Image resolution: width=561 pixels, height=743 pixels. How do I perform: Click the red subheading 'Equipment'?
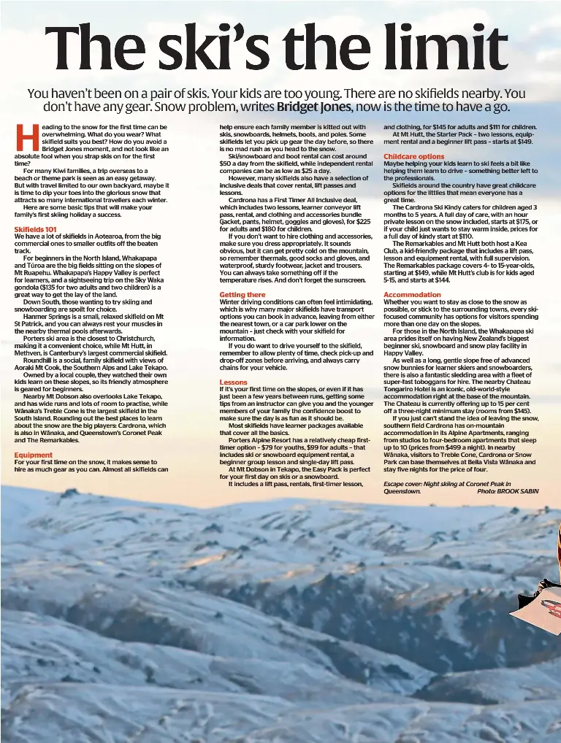pos(33,455)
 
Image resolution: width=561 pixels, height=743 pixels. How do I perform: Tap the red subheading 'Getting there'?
pos(242,295)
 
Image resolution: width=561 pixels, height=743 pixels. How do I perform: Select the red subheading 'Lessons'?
pos(233,382)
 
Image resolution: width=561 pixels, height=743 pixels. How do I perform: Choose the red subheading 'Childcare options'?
pos(413,156)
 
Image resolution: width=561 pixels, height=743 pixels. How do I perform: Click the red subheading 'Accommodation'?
pos(413,295)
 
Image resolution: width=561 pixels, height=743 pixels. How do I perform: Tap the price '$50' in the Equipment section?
pos(225,163)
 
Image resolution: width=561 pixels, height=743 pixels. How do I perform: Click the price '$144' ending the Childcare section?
pos(442,280)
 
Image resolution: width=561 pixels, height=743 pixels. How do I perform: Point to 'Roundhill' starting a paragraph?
pos(38,361)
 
